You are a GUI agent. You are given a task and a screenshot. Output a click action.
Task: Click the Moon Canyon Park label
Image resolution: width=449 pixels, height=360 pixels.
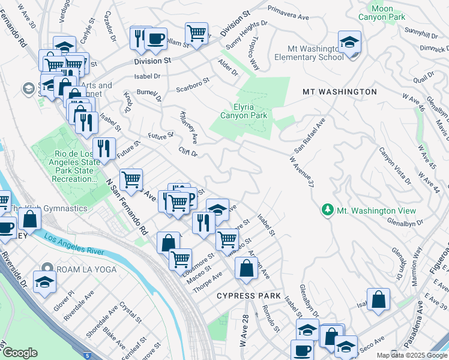point(376,13)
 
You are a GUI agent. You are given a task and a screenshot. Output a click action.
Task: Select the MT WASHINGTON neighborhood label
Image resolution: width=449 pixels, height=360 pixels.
point(339,92)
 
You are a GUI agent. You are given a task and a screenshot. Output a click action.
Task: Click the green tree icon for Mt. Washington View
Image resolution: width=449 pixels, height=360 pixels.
point(327,210)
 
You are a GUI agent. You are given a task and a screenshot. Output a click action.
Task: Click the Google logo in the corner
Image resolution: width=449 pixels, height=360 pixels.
point(20,353)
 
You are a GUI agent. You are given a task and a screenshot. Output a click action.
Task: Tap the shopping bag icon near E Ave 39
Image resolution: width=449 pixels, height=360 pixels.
point(378,299)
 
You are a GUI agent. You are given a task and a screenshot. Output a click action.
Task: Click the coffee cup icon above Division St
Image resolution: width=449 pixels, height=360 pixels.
point(155,39)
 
